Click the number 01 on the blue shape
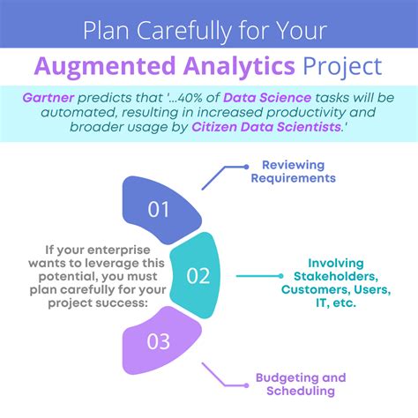[x=159, y=210]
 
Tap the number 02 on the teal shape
[x=198, y=276]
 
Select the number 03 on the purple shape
[x=158, y=340]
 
